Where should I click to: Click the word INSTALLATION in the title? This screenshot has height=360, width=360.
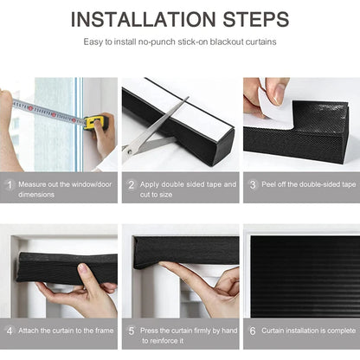coord(143,19)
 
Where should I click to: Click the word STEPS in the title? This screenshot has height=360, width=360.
coord(256,19)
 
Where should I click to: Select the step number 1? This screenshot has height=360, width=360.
coord(10,184)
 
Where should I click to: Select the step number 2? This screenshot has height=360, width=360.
coord(132,184)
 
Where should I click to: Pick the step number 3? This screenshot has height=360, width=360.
coord(253,184)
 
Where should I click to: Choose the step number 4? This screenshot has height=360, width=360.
coord(10,331)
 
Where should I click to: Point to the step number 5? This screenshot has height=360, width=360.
coord(132,331)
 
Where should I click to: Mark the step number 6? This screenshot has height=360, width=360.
coord(253,331)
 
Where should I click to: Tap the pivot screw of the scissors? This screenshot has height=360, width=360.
coord(130,151)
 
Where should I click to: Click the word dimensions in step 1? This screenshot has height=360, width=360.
coord(36,195)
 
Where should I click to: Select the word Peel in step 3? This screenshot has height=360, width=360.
coord(268,184)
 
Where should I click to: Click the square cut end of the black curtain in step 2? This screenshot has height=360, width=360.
coord(222,145)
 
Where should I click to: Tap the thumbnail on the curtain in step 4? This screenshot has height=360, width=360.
coord(84,269)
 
